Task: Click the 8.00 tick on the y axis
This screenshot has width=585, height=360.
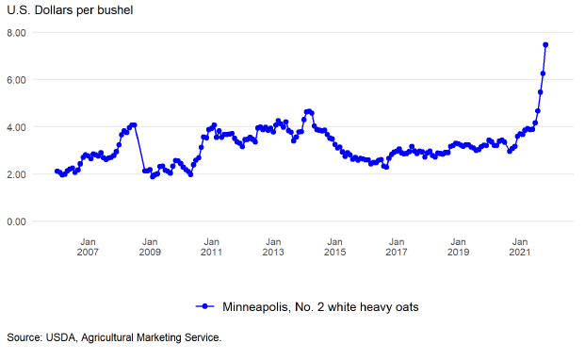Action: [x=16, y=33]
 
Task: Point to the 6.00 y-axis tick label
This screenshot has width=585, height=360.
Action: [x=16, y=80]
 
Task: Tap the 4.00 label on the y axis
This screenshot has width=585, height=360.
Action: [x=16, y=127]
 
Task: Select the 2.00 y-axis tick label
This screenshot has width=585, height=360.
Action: [x=16, y=174]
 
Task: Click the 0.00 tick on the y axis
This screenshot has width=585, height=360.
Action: [x=16, y=221]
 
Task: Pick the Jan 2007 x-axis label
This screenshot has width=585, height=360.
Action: [x=88, y=247]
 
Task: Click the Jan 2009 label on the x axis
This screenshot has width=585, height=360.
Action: [x=150, y=247]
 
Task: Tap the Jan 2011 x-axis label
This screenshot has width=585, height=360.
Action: [x=211, y=247]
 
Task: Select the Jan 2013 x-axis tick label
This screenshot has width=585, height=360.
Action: [x=273, y=247]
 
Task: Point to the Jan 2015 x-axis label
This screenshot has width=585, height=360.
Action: [x=334, y=247]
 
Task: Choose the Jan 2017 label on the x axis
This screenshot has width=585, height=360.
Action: [x=397, y=247]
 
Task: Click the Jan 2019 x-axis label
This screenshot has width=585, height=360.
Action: [x=458, y=247]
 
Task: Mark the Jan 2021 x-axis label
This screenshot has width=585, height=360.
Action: [x=520, y=247]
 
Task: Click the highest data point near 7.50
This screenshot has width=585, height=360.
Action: [x=545, y=45]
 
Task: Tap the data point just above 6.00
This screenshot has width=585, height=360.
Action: [x=543, y=74]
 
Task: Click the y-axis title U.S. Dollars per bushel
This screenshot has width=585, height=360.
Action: [x=70, y=10]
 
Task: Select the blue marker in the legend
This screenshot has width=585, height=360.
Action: [x=204, y=306]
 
